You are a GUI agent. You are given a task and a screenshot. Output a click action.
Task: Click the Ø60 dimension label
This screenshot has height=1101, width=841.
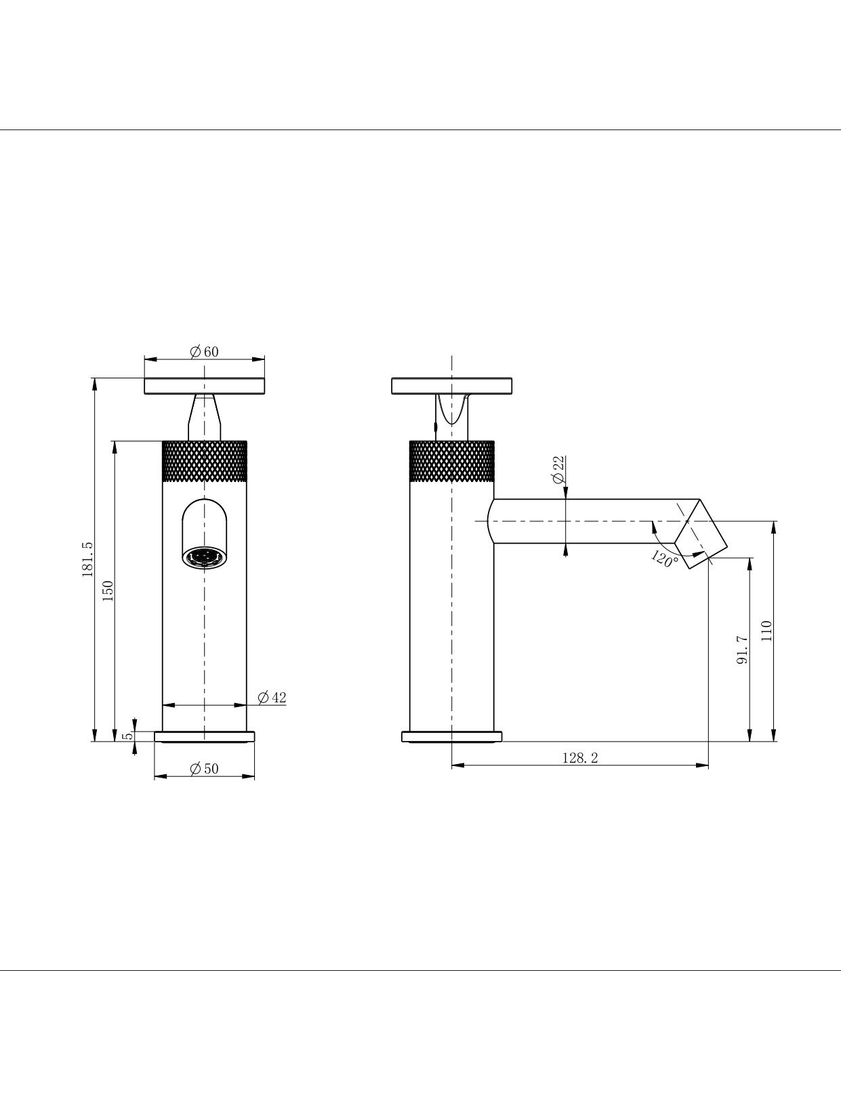click(x=205, y=352)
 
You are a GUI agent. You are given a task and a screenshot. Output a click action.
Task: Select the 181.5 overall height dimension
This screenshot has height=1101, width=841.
click(x=87, y=559)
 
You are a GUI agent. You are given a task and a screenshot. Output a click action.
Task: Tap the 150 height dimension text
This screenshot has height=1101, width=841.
click(x=108, y=590)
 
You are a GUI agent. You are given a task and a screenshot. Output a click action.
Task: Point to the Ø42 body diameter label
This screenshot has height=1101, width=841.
click(x=272, y=697)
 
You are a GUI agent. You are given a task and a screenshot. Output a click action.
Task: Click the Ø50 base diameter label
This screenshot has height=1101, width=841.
click(x=205, y=768)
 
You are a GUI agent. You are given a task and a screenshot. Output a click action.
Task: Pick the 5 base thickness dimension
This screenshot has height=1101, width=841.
click(x=128, y=736)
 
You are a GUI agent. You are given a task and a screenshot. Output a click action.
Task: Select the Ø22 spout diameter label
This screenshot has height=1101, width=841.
click(x=558, y=470)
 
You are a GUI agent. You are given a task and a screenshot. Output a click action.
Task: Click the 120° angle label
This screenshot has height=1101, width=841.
click(x=665, y=558)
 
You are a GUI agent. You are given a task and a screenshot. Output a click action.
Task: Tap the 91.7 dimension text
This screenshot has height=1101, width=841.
click(x=742, y=649)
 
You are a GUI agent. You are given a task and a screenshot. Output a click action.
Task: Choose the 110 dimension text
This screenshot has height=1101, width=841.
click(x=766, y=631)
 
